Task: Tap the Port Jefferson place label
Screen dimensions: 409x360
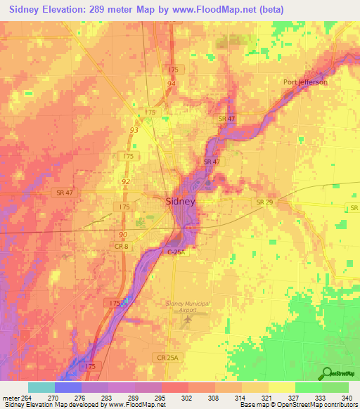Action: tap(306, 82)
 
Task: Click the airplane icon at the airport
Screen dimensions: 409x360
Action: tap(187, 320)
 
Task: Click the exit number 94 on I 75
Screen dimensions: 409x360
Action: tap(171, 84)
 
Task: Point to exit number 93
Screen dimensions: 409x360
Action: tap(134, 130)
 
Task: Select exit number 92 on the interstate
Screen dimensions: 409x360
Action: tap(125, 181)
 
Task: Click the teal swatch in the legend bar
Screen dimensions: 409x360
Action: tap(41, 387)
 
